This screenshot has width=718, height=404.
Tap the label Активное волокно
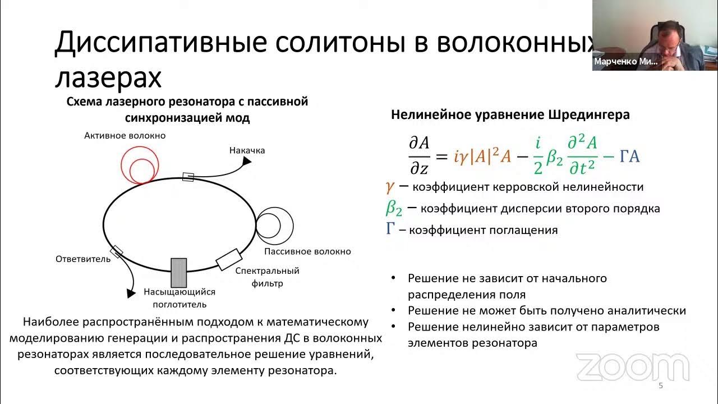(125, 136)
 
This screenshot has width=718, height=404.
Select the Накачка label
(247, 150)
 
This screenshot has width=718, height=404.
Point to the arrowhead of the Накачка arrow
(246, 162)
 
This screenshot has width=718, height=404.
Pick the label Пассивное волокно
(307, 251)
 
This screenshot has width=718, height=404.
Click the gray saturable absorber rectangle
(178, 272)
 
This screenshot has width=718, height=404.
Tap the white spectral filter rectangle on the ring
(229, 259)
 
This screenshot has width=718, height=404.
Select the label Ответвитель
(83, 259)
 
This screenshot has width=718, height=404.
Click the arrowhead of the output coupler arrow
(131, 293)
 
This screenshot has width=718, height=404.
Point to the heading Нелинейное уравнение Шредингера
(510, 115)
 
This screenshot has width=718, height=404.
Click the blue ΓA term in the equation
(629, 157)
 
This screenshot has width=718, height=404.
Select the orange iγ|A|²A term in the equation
(482, 157)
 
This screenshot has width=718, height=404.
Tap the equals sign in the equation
(441, 157)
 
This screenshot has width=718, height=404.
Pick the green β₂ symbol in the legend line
(394, 208)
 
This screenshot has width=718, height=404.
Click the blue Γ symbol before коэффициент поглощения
(391, 229)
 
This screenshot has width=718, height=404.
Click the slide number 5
(660, 386)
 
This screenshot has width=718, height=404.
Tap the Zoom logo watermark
(632, 368)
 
